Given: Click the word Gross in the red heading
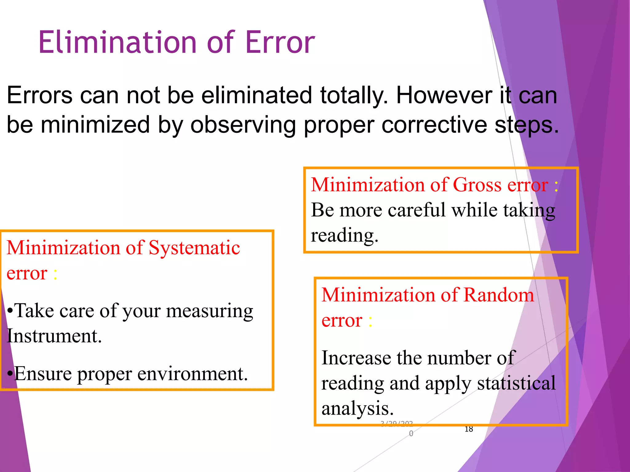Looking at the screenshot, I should (x=477, y=185).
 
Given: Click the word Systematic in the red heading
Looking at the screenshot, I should (x=194, y=248).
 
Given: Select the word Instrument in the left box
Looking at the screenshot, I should (x=54, y=336).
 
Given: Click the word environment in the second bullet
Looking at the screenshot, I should (x=192, y=374).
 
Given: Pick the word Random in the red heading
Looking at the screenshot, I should (x=498, y=295).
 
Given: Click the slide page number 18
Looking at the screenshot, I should (x=469, y=429).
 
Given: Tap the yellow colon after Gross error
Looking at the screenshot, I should (x=556, y=186).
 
